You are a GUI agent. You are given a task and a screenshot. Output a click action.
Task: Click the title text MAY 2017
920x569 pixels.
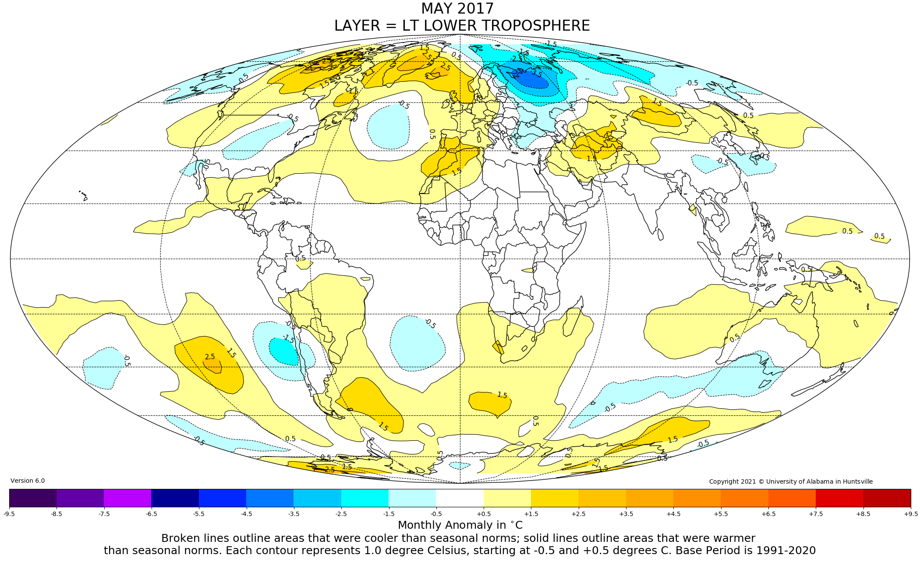click(x=457, y=9)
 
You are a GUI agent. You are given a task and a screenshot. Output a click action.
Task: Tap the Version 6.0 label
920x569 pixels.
click(x=28, y=481)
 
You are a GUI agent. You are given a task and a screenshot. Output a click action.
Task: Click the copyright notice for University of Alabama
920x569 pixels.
click(x=791, y=481)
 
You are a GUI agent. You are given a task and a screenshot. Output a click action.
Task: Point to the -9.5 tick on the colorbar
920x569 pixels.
click(x=9, y=514)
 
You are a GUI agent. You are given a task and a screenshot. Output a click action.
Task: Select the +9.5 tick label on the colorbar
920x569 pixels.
click(x=910, y=514)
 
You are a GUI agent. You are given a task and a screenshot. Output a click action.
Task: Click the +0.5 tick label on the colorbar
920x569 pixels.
click(x=484, y=514)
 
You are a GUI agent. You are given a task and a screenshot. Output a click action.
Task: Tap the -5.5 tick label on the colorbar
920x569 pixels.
click(x=199, y=514)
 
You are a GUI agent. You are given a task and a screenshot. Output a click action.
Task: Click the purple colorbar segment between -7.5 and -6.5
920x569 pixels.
click(x=127, y=498)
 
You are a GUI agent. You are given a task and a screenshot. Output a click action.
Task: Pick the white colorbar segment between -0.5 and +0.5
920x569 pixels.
click(x=460, y=498)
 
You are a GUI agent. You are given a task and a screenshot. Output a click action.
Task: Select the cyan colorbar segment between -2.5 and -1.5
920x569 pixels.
click(x=364, y=498)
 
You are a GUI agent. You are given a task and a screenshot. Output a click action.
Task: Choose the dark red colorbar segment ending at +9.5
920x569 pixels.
click(x=887, y=498)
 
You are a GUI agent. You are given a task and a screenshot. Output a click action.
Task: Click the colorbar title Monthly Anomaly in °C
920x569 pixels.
click(x=460, y=525)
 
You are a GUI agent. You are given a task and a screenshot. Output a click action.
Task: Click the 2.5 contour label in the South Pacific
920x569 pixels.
click(x=210, y=357)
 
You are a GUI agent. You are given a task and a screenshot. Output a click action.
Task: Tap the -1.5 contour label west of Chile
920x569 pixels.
click(x=288, y=338)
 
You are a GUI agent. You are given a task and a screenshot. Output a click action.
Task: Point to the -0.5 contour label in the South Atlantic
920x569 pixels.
click(x=430, y=323)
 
